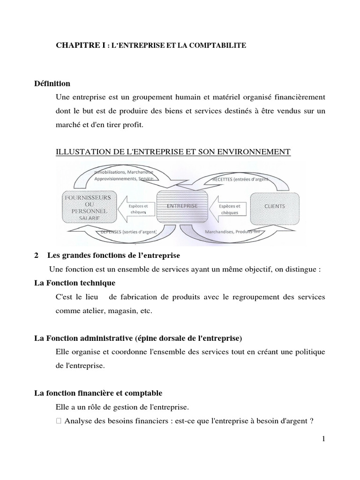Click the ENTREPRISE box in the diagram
tap(181, 207)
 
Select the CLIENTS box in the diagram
tap(274, 207)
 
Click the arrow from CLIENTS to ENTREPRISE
tap(227, 209)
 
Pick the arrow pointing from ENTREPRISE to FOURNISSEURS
tap(135, 209)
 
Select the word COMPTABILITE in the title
tap(221, 45)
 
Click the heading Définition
tap(52, 84)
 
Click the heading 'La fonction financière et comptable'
tap(98, 393)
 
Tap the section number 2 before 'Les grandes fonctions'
tap(37, 256)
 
